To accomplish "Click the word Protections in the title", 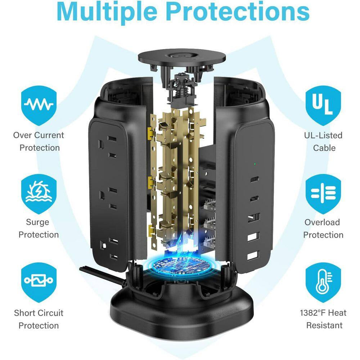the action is pyautogui.click(x=238, y=11).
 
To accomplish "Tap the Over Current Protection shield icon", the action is pyautogui.click(x=39, y=105).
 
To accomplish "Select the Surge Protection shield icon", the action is pyautogui.click(x=39, y=194).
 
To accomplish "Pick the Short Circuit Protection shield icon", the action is pyautogui.click(x=39, y=282).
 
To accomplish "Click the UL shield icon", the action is pyautogui.click(x=323, y=105).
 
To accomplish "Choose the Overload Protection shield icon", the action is pyautogui.click(x=323, y=194).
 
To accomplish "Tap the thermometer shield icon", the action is pyautogui.click(x=323, y=282).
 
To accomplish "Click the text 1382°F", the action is pyautogui.click(x=312, y=313).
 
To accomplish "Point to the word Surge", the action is pyautogui.click(x=37, y=222).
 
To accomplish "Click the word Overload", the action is pyautogui.click(x=322, y=222).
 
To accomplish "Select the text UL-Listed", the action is pyautogui.click(x=323, y=135).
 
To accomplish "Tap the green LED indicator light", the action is pyautogui.click(x=255, y=164).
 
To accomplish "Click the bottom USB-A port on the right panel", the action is pyautogui.click(x=253, y=255).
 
